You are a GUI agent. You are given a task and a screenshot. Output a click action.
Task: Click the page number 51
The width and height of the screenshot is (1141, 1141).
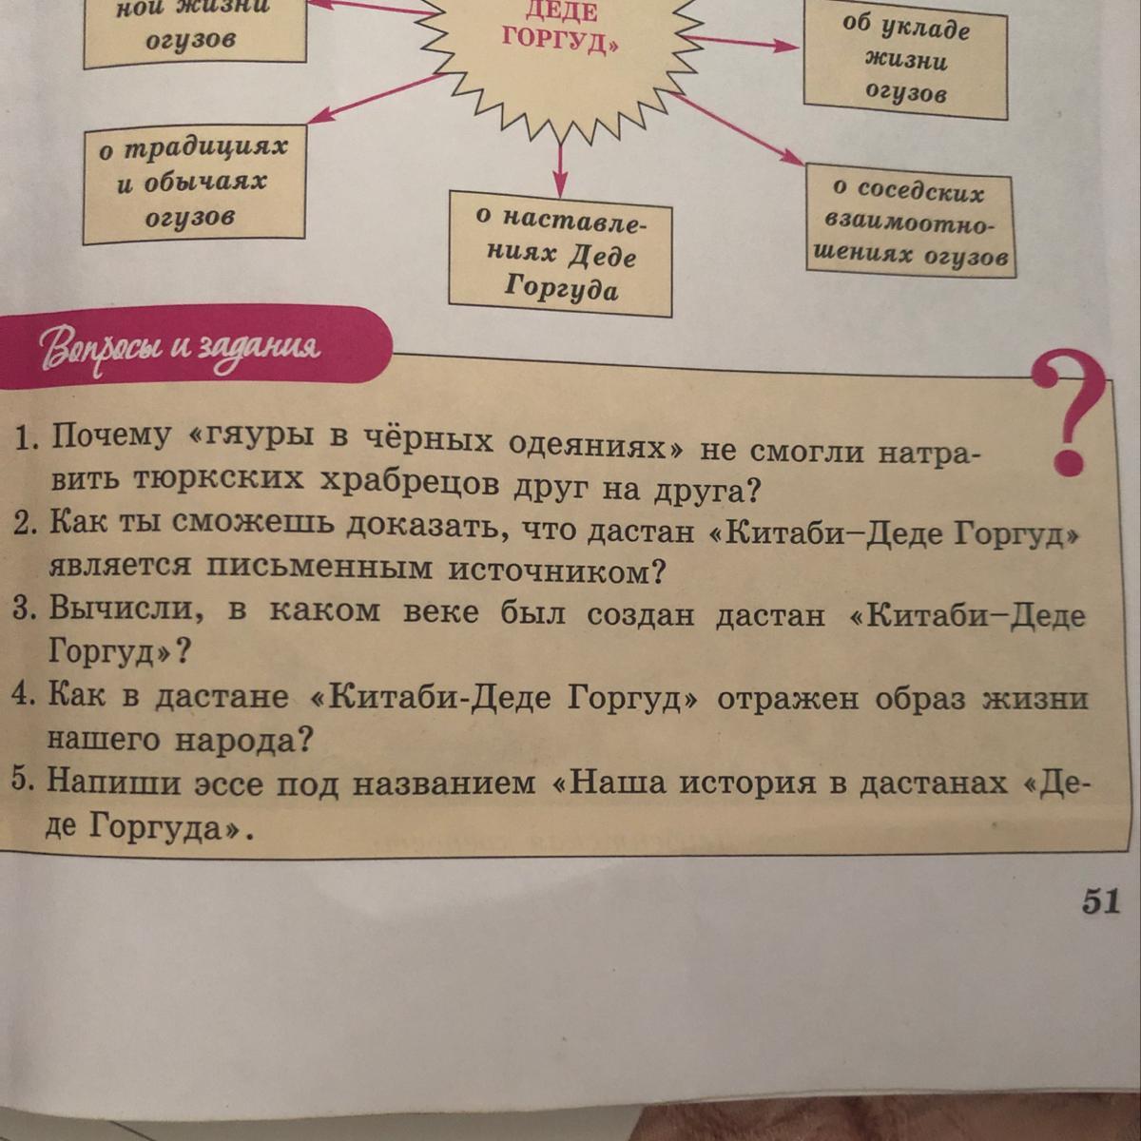pos(1101,901)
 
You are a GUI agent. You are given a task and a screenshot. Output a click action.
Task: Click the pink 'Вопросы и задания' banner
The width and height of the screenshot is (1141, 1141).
pos(189,347)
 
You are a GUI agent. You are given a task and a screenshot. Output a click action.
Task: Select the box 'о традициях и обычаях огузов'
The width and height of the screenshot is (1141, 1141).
pos(194,183)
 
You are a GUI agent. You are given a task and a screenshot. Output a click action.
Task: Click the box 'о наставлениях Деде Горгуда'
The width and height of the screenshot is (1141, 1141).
pos(561,254)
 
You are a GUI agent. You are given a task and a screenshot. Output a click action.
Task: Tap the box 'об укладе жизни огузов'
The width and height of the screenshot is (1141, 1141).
pos(906,61)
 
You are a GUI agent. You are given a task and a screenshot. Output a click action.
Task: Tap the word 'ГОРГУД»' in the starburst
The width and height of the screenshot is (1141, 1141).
pos(560,40)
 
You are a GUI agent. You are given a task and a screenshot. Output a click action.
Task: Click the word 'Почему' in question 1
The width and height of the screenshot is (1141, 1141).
pos(110,438)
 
